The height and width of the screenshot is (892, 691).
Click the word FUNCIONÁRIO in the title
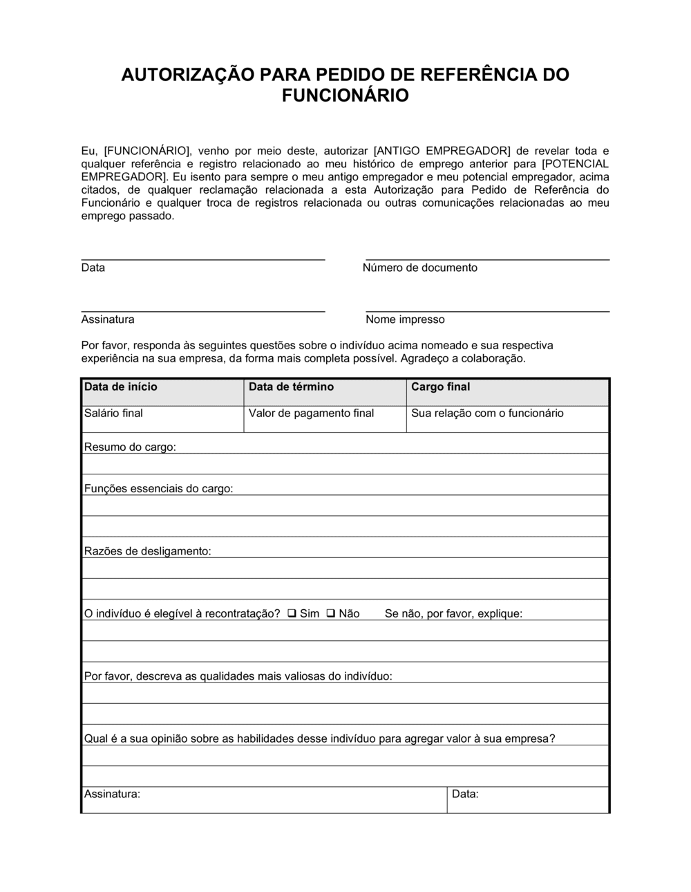coord(345,95)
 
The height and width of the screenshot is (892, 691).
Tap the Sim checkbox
coord(292,613)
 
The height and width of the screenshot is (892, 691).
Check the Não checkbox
coord(330,613)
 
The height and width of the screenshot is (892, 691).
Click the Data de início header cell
coord(162,392)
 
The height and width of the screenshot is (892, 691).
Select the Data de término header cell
coord(325,392)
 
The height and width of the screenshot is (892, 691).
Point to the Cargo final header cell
coord(507,392)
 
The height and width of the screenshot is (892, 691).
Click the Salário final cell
coord(162,418)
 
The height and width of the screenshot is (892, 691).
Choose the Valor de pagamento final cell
coord(325,418)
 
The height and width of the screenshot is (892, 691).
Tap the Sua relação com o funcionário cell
coord(507,418)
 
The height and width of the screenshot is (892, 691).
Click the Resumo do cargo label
coord(130,447)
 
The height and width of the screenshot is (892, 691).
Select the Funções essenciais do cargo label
coord(158,489)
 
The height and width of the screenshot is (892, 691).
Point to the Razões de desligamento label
coord(147,551)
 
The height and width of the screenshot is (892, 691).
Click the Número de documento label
coord(419,268)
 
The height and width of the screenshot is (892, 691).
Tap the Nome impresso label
coord(405,319)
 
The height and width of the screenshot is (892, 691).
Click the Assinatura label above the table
coord(108,319)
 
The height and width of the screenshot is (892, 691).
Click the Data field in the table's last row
coord(528,799)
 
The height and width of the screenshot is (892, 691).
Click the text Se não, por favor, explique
coord(453,613)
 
